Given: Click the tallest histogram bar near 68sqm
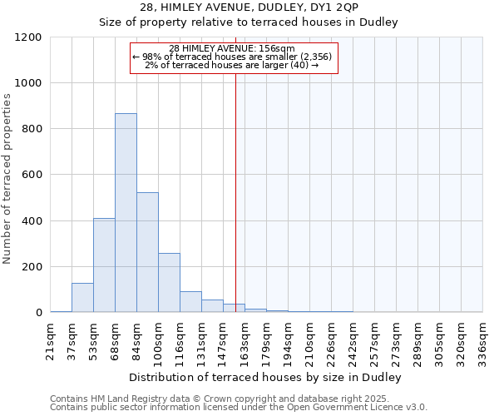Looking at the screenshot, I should coord(126,213).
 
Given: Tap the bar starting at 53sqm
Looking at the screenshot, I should coord(104,265).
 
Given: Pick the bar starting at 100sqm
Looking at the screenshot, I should coord(169,283).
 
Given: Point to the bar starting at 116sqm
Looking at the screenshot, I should coord(190,302).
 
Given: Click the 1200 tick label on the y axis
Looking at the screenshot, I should coord(27,37).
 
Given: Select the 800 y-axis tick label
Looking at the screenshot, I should coord(31,129).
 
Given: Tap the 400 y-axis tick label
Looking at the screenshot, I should coord(31,221).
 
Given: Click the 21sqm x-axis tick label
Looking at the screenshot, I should coord(51,339).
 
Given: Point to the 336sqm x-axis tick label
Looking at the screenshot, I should coord(482,339).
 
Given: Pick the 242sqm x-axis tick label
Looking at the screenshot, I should coord(353,339).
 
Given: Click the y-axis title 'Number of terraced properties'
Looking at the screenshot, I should coord(8,179).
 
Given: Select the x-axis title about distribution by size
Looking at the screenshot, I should coord(266,378).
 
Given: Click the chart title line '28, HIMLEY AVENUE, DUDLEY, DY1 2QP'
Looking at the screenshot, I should coord(249,7).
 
